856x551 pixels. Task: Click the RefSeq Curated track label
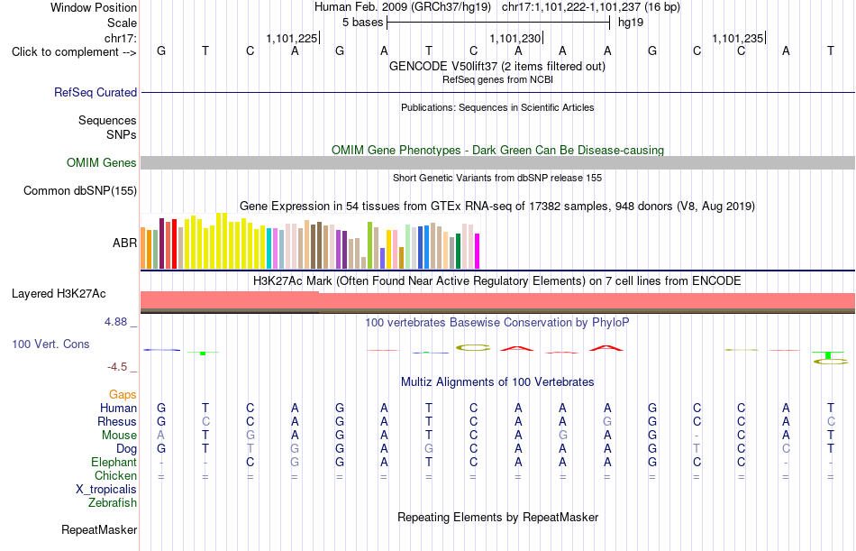(x=95, y=92)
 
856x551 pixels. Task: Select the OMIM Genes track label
(x=102, y=163)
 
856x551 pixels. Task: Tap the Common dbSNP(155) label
(x=79, y=191)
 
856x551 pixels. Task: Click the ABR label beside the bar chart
(x=124, y=243)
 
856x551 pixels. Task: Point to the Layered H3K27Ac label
(x=59, y=294)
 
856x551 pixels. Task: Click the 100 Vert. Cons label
(x=50, y=344)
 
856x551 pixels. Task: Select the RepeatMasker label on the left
(x=99, y=529)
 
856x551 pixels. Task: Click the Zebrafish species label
(x=113, y=503)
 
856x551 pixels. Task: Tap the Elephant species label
(x=114, y=463)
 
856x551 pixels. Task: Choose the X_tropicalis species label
(x=106, y=490)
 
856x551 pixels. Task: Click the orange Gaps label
(x=123, y=395)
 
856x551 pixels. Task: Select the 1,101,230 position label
(x=515, y=38)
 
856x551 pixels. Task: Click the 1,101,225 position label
(x=292, y=38)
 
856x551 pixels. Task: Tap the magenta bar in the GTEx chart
(x=478, y=252)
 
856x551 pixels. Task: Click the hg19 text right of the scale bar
(x=631, y=23)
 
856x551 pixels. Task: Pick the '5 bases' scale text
(x=362, y=23)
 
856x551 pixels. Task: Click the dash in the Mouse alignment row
(x=697, y=436)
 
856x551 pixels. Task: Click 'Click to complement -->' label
(x=74, y=52)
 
